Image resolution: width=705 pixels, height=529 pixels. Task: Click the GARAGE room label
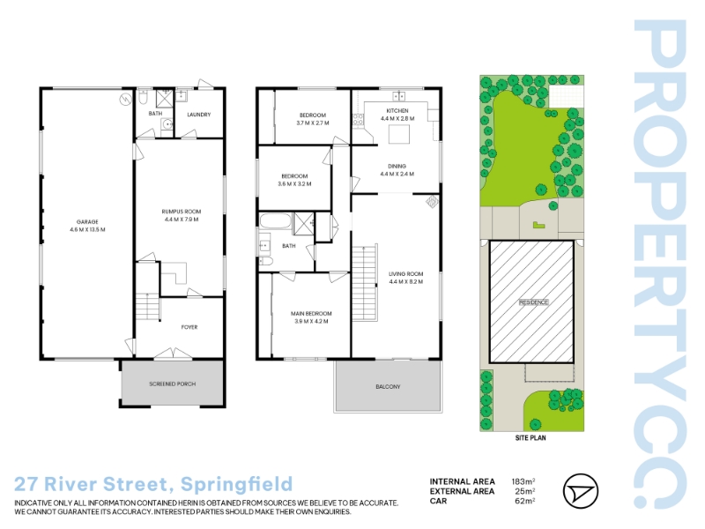point(87,222)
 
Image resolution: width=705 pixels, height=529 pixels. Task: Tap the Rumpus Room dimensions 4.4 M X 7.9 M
point(182,220)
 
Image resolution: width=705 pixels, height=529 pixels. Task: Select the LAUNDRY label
point(199,115)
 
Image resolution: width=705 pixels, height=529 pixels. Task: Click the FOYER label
point(189,327)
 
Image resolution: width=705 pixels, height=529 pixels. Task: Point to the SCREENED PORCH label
point(172,384)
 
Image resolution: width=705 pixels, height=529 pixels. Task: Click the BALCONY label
point(388,387)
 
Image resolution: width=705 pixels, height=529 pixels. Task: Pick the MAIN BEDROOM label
point(311,314)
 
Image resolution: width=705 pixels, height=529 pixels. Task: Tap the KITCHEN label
point(397,111)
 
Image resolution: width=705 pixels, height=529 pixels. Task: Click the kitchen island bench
point(399,135)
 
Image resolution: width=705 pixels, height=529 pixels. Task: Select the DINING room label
point(397,166)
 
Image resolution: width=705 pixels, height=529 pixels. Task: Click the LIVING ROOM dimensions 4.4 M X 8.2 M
point(406,282)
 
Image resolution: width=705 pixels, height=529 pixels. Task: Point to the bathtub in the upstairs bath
point(275,221)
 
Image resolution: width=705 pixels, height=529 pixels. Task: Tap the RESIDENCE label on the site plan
point(534,302)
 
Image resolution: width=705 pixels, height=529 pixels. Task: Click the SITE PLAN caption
point(531,437)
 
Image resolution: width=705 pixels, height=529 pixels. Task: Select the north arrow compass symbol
point(581,491)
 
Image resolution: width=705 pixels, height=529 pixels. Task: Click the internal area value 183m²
point(523,481)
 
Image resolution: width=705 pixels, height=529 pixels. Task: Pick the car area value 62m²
point(525,501)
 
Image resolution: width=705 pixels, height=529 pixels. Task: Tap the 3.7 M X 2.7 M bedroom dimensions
point(313,123)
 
